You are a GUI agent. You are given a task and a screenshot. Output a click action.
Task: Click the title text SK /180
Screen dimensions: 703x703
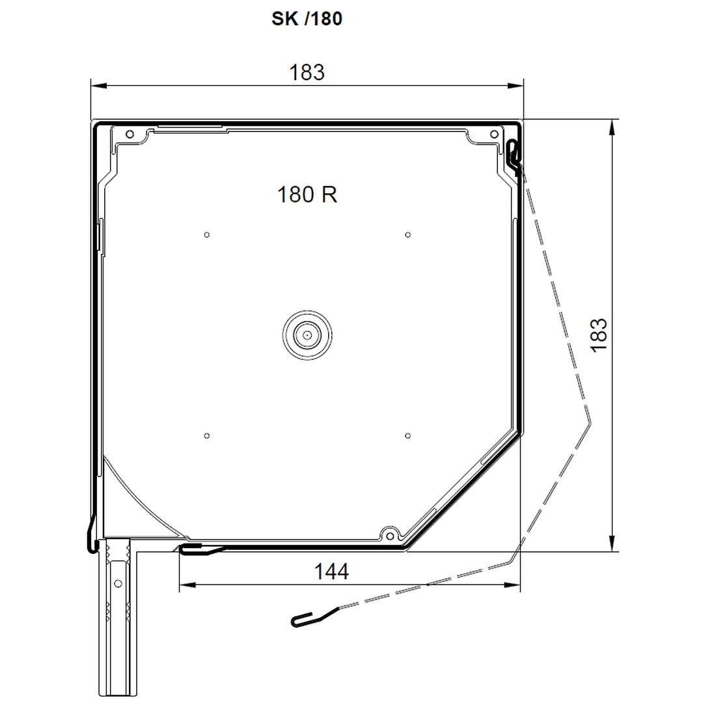click(307, 18)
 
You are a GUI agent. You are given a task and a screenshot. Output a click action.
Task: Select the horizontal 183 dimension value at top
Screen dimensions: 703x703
click(307, 72)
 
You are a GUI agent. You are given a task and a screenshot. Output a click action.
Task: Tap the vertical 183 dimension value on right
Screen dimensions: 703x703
click(599, 335)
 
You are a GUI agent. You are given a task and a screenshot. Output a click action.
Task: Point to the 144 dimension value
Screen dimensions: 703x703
click(331, 572)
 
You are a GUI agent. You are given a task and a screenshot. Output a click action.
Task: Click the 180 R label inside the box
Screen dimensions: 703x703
click(307, 195)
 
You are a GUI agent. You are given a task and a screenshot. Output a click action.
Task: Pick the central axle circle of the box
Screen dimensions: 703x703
click(307, 335)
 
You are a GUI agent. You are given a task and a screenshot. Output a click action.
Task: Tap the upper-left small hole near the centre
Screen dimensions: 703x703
click(207, 234)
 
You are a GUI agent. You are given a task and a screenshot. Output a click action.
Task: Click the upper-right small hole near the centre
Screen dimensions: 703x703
click(407, 234)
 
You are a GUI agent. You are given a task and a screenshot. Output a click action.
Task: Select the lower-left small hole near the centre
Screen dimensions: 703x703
click(207, 435)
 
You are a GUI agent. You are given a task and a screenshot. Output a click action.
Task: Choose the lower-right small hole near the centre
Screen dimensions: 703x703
click(407, 435)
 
